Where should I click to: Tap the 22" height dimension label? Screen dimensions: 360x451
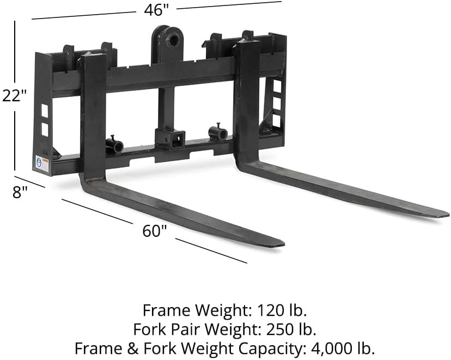pyautogui.click(x=14, y=95)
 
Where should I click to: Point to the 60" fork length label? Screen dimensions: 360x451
pyautogui.click(x=155, y=230)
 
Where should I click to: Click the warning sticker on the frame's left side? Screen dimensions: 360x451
pyautogui.click(x=42, y=162)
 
